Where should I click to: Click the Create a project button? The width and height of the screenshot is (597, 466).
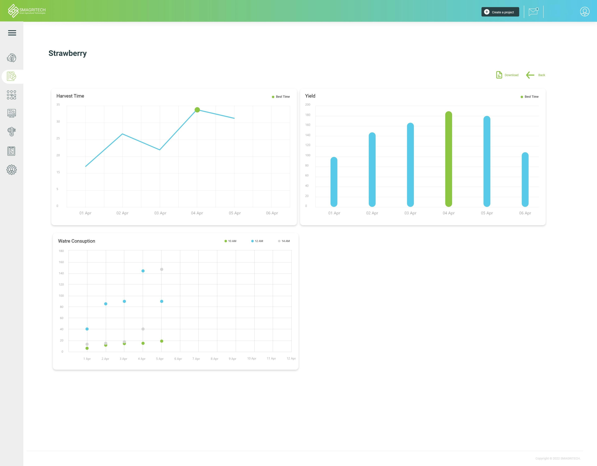500,12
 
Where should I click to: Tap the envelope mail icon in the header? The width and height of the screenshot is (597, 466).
533,12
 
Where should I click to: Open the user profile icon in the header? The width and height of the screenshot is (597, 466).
584,12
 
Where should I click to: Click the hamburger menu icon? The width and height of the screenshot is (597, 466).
12,33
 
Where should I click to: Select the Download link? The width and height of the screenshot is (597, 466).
507,75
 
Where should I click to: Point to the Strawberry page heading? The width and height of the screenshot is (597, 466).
67,53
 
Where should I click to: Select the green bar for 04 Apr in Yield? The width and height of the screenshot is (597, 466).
449,159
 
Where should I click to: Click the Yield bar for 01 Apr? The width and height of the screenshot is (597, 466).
334,182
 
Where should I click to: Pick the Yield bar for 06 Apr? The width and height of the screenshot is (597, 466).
525,179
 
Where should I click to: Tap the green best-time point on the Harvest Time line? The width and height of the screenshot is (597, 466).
197,110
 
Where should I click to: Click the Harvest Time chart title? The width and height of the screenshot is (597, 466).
70,96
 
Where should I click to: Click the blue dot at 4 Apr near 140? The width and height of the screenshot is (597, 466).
143,271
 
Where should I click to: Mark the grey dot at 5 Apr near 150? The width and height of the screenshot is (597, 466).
162,269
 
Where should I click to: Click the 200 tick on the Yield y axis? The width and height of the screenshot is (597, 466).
308,105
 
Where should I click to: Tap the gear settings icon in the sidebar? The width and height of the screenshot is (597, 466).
12,170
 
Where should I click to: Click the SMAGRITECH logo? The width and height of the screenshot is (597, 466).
27,11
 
